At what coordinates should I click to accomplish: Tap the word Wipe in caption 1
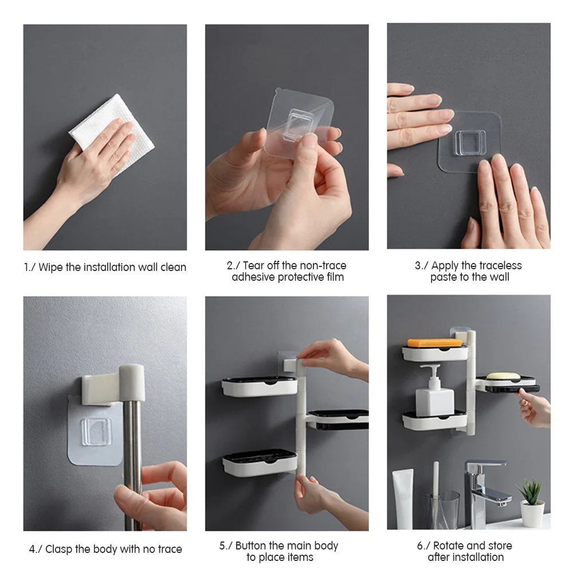pyautogui.click(x=52, y=268)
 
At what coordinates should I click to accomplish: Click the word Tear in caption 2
pyautogui.click(x=254, y=265)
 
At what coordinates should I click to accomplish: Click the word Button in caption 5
pyautogui.click(x=250, y=546)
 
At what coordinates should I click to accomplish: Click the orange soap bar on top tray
pyautogui.click(x=434, y=343)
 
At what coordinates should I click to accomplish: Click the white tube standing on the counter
pyautogui.click(x=403, y=499)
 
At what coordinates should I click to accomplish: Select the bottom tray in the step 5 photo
pyautogui.click(x=260, y=463)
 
